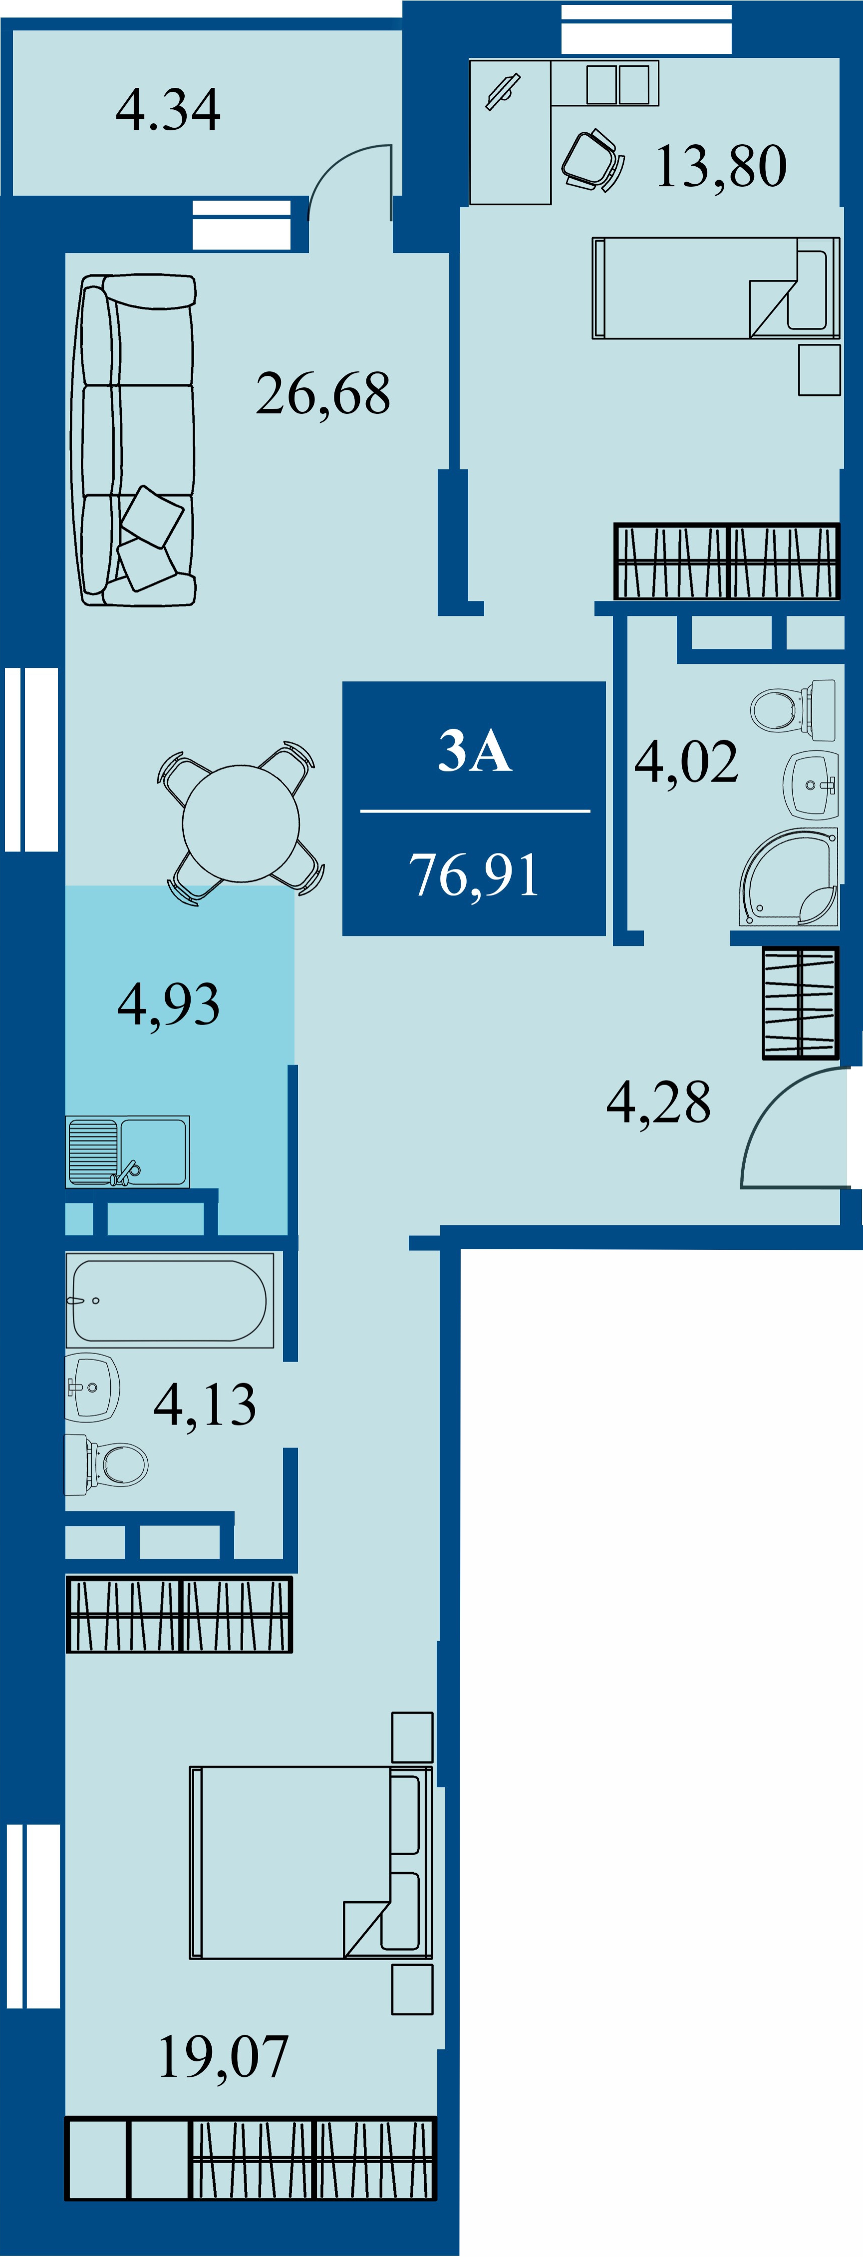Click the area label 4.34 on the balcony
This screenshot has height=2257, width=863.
coord(168,110)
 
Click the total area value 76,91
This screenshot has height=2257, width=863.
coord(474,874)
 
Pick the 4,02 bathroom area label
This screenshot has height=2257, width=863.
coord(686,761)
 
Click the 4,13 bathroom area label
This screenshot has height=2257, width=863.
coord(205,1405)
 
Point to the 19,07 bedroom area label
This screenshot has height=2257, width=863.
coord(224,2056)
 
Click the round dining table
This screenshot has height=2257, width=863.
coord(241,824)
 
